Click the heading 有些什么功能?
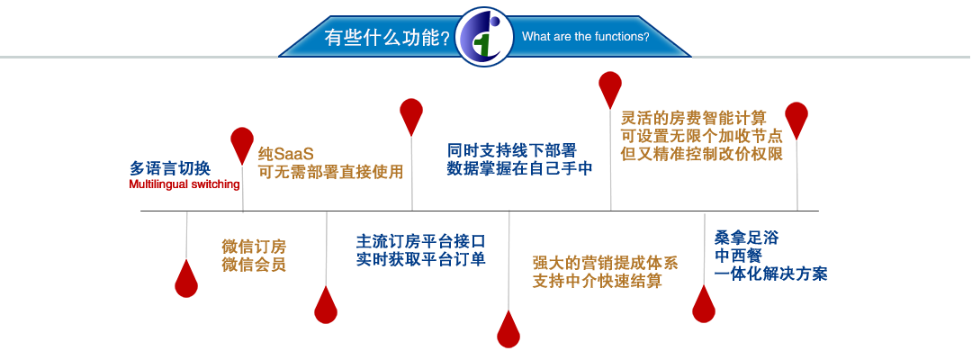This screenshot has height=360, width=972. tap(387, 38)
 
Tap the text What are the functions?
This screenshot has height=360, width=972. tap(586, 37)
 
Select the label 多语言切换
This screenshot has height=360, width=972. tap(170, 168)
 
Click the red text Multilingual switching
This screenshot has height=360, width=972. tap(184, 184)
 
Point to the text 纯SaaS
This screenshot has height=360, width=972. tap(286, 153)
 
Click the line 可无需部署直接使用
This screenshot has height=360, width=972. tap(330, 171)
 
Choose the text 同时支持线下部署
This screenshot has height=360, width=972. tap(512, 150)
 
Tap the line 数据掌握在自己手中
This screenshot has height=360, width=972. tap(520, 168)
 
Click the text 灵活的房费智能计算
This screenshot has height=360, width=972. tap(694, 117)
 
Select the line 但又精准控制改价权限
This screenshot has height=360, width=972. tap(702, 153)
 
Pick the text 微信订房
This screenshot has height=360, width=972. tap(254, 246)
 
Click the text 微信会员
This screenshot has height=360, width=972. tap(254, 265)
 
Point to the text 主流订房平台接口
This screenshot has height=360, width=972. tap(420, 240)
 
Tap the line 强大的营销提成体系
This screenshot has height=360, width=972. tap(605, 262)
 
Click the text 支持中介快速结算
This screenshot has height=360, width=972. tap(597, 281)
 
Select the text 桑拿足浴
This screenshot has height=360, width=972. tap(746, 237)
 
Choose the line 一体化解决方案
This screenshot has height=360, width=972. tap(770, 274)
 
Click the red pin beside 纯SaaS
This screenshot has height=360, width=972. tap(242, 144)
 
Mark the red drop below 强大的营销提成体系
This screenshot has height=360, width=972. tap(508, 328)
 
